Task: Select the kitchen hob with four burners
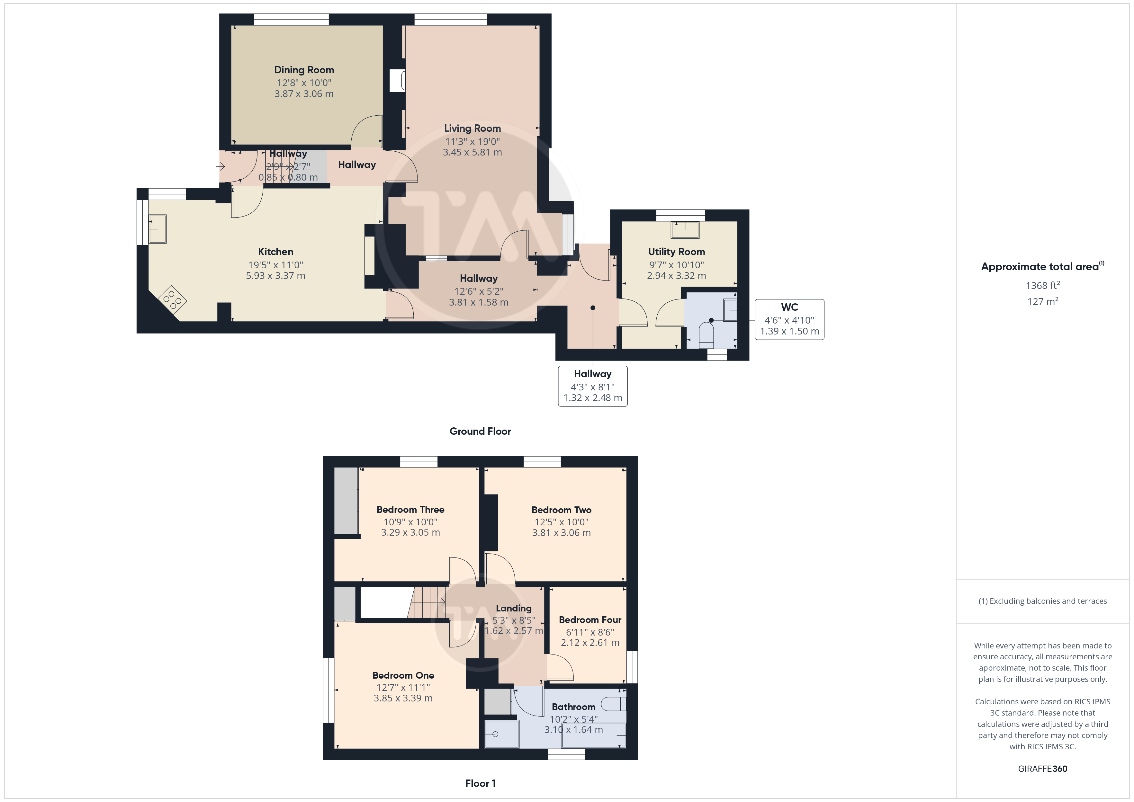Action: coord(172,299)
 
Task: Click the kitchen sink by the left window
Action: coord(157,229)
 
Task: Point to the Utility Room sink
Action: coord(685,230)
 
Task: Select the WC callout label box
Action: coord(789,319)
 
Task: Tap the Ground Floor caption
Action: coord(480,431)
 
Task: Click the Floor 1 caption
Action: coord(480,784)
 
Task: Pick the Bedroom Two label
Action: coord(561,510)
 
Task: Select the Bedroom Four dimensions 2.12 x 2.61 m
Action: coord(590,643)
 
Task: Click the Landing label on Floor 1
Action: coord(514,609)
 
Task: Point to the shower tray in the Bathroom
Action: coord(502,734)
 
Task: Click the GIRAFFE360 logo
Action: coord(1043,769)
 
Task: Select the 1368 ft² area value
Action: coord(1043,285)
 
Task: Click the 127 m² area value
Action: coord(1043,301)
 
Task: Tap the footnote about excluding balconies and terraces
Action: coord(1043,601)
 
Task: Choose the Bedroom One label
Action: coord(403,675)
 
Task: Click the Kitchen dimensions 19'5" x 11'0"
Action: coord(275,265)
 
